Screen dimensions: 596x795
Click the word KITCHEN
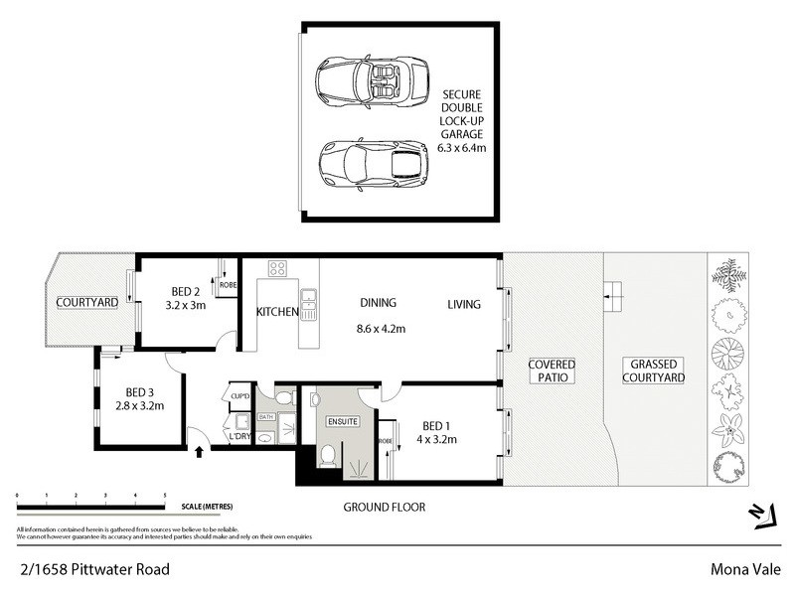tap(277, 312)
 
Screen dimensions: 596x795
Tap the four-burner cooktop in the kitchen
tap(277, 268)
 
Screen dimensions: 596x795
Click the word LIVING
tap(463, 304)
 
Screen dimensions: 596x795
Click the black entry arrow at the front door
tap(202, 453)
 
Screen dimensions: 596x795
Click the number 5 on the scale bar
tap(164, 495)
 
